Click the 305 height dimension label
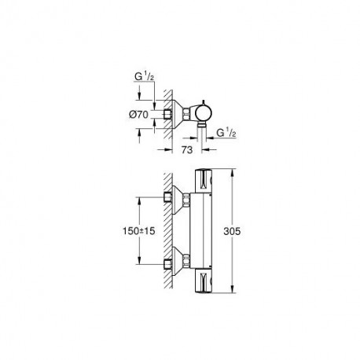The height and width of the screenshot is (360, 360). (232, 231)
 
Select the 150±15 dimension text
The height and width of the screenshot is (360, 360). (139, 231)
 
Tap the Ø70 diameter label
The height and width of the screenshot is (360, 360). (139, 115)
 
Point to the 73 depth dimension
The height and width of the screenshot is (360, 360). (187, 149)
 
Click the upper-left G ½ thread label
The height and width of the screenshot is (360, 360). (144, 76)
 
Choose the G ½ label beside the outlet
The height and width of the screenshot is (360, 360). (226, 133)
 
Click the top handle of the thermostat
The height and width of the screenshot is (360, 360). (204, 181)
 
